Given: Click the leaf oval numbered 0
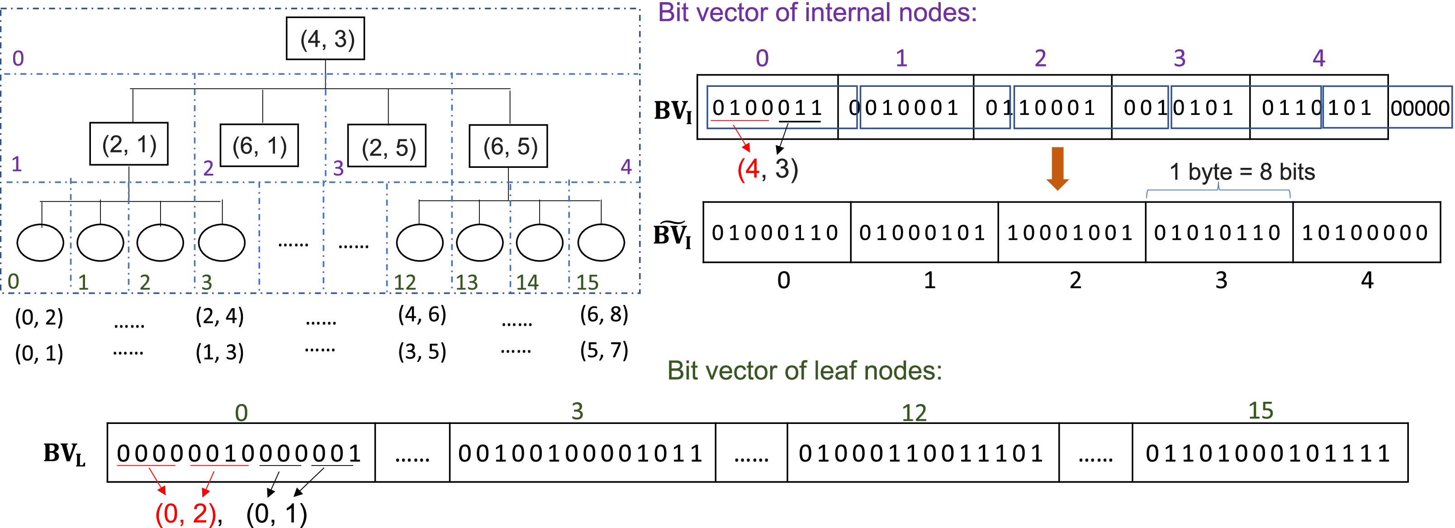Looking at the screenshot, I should point(40,243).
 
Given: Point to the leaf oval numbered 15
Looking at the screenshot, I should point(601,243).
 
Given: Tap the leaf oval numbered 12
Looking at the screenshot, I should point(420,243).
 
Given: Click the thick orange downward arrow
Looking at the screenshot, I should point(1057,168).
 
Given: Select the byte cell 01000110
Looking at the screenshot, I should point(776,233).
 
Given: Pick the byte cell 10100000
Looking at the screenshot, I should point(1366,233).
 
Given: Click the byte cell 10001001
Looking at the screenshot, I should point(1071,233).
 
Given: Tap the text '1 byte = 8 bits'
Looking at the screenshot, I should point(1242,172).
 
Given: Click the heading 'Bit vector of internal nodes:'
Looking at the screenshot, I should point(817,12).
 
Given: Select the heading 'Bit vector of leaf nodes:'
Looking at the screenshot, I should point(804,371).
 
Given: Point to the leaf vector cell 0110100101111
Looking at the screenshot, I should point(1269,453).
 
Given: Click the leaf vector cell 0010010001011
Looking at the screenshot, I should point(582,453).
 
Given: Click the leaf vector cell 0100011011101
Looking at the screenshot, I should point(922,453).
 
